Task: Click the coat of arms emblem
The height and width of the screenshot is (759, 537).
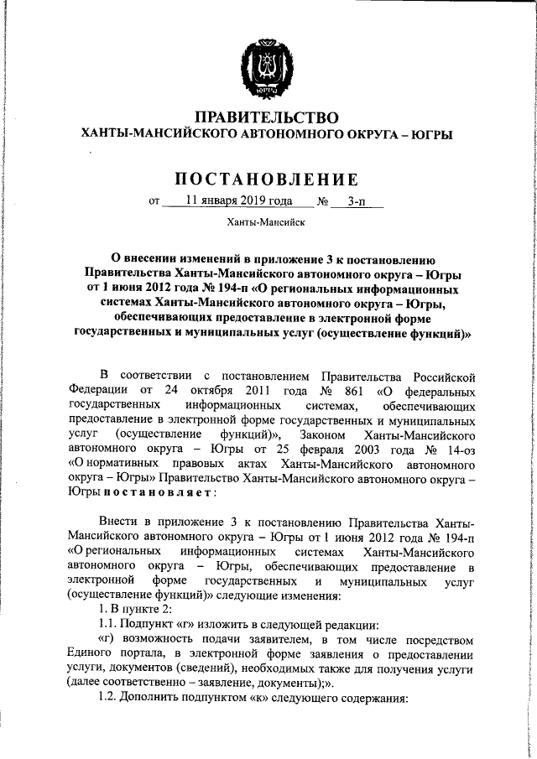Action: (x=267, y=60)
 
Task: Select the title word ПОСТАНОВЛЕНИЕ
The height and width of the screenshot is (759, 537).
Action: (x=267, y=179)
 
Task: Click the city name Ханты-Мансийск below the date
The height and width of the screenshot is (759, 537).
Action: (x=266, y=222)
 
